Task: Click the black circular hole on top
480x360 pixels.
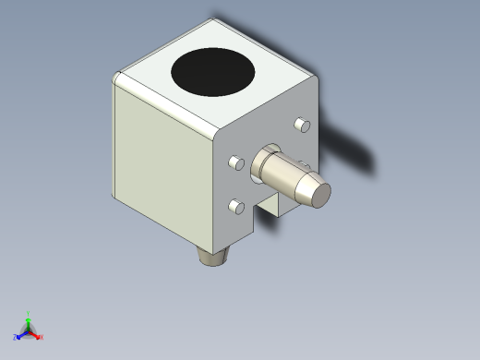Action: [x=214, y=71]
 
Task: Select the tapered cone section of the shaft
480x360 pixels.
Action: [x=301, y=182]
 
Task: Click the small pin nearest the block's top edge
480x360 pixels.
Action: [x=299, y=124]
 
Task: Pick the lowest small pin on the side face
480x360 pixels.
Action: [x=234, y=206]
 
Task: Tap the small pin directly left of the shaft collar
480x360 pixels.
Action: [x=235, y=164]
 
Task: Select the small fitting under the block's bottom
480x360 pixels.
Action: [x=214, y=254]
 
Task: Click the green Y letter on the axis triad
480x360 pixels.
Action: [x=29, y=314]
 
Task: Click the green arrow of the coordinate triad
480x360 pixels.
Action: [x=29, y=322]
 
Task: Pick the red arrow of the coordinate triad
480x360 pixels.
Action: [x=35, y=335]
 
